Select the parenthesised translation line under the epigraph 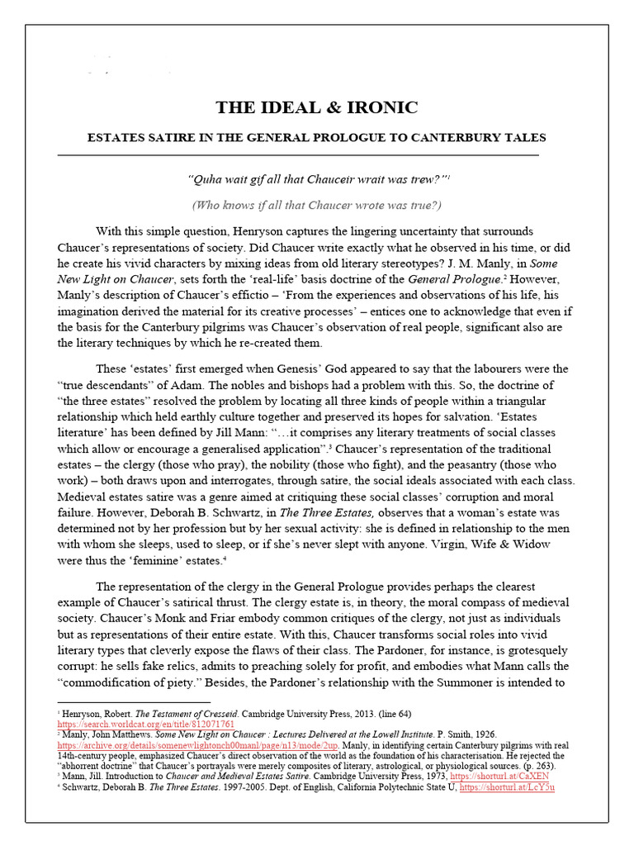[317, 205]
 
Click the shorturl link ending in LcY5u [507, 787]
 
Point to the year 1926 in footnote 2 [485, 732]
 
